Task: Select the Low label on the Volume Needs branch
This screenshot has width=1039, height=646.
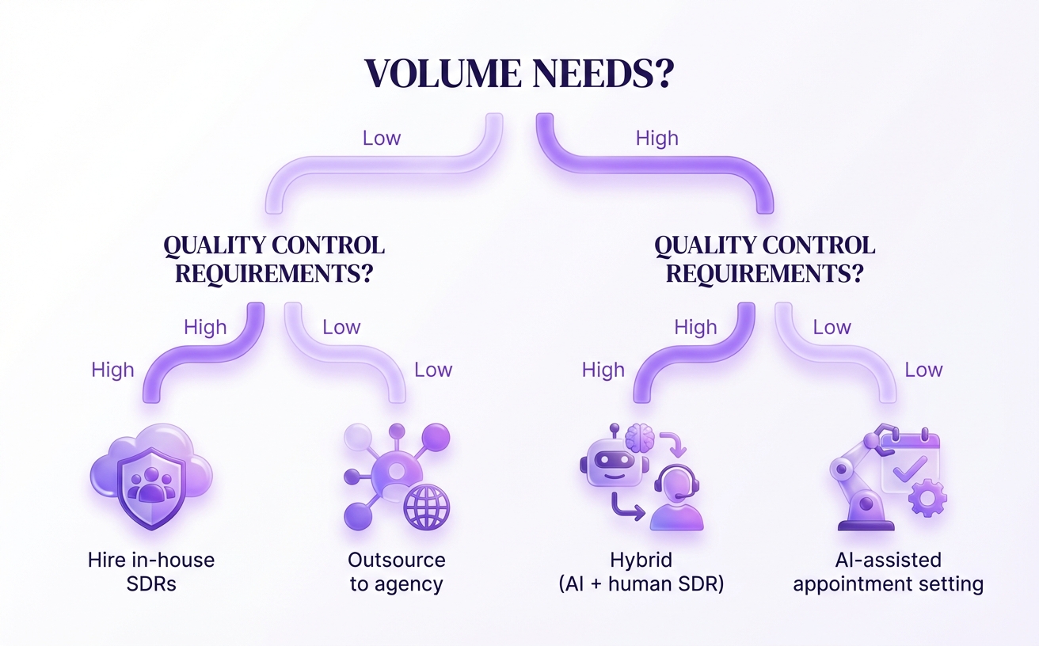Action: (381, 138)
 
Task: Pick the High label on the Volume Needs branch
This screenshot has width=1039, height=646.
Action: (657, 138)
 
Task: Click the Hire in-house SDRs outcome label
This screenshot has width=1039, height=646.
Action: (151, 572)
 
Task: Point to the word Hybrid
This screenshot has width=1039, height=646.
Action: (641, 560)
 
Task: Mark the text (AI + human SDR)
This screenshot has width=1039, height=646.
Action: (641, 585)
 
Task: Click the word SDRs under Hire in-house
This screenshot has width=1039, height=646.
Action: (151, 585)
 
